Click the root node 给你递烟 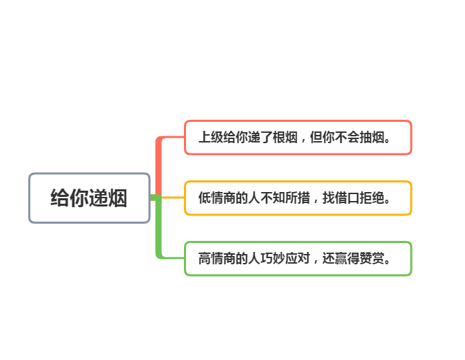(89, 198)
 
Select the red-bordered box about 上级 (298, 138)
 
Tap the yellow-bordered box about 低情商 (298, 198)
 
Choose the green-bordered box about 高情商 (298, 259)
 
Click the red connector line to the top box (160, 165)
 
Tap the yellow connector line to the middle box (172, 198)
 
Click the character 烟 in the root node (118, 198)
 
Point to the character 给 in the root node (60, 198)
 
